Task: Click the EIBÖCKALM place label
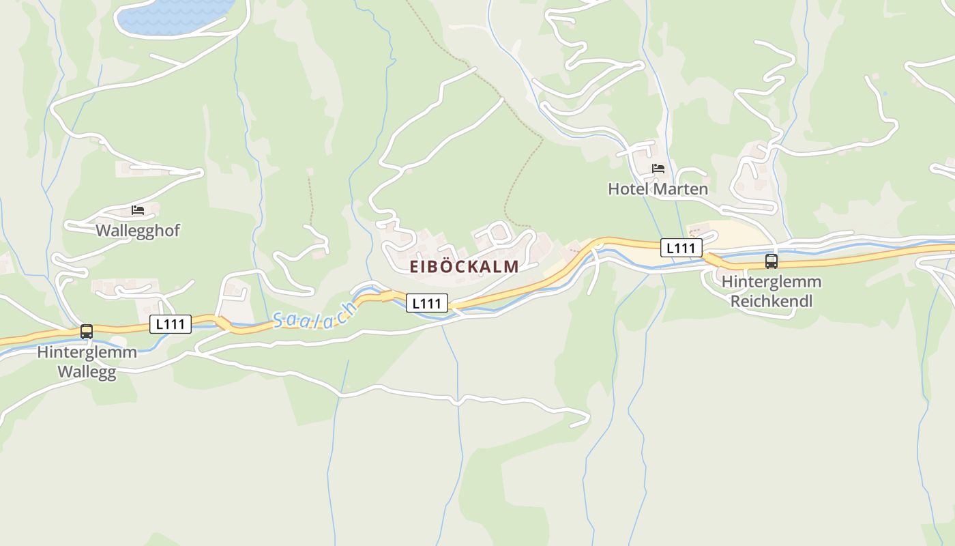(464, 267)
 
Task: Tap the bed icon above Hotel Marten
(658, 169)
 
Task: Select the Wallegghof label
(138, 230)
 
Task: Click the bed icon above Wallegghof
(138, 210)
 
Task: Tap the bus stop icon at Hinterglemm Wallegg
(87, 332)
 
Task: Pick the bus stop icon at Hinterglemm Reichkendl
(771, 261)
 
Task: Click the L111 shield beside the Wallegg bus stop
(171, 324)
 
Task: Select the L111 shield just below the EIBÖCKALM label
(427, 303)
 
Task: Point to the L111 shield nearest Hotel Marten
(681, 248)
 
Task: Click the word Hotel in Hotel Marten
(626, 188)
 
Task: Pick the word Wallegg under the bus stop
(87, 372)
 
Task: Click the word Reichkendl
(772, 300)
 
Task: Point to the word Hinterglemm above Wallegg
(87, 352)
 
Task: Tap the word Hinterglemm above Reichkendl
(772, 281)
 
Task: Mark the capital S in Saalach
(279, 320)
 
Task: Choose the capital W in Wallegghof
(103, 230)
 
